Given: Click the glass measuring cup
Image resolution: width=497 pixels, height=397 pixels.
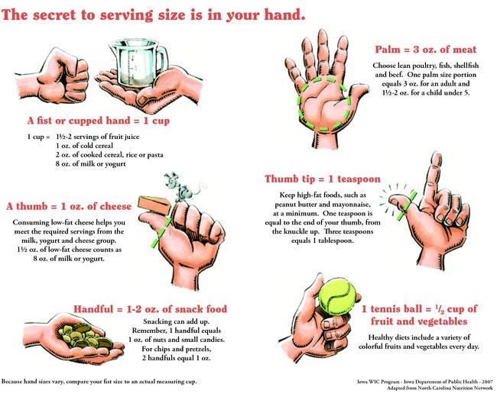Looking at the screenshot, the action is [136, 65].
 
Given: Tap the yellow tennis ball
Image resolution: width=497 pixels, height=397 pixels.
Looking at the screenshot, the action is [337, 298].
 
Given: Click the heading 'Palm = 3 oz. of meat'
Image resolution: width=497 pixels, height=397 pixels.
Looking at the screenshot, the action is [425, 50].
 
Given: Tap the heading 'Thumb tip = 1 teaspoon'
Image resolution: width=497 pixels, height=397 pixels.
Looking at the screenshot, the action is [323, 179].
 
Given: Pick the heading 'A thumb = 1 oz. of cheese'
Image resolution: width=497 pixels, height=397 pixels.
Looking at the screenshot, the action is [69, 206].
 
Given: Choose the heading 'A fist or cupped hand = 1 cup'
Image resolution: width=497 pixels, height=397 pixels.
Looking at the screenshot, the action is [99, 121].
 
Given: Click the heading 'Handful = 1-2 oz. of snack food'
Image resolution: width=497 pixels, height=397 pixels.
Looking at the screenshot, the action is [150, 309].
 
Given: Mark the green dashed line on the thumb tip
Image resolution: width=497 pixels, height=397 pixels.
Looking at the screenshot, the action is [405, 205].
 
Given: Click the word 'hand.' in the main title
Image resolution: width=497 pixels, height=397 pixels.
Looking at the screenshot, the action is [284, 15].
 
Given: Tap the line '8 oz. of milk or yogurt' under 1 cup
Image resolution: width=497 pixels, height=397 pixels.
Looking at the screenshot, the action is [91, 164].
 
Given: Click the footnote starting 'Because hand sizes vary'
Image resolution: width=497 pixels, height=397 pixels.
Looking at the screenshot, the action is [99, 382].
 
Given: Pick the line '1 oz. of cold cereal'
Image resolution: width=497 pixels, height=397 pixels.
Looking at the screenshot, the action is [84, 146].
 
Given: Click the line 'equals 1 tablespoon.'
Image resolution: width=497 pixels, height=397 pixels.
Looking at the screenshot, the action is [323, 240].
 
